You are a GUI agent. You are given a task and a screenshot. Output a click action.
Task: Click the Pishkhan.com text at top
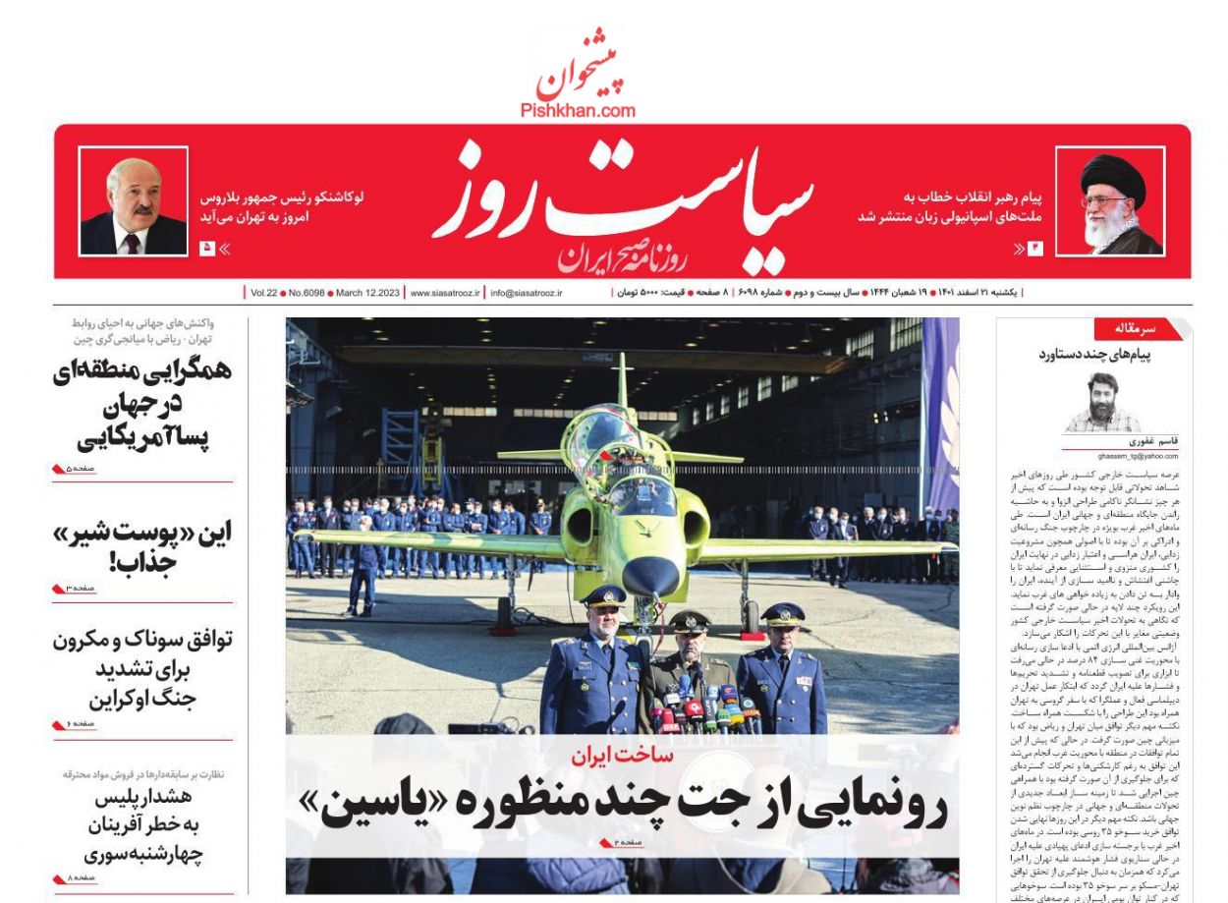pyautogui.click(x=578, y=111)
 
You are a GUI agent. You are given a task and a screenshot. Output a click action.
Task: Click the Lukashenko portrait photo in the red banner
pyautogui.click(x=133, y=202)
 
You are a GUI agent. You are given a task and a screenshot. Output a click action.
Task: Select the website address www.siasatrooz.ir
pyautogui.click(x=445, y=293)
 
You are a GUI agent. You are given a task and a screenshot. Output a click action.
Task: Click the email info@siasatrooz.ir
pyautogui.click(x=527, y=293)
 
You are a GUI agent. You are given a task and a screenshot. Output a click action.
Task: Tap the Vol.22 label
pyautogui.click(x=263, y=293)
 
